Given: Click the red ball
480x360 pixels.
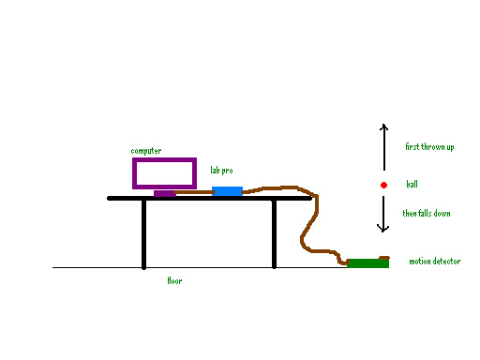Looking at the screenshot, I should coord(383,185).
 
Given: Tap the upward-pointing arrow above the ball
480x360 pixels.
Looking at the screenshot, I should coord(383,146).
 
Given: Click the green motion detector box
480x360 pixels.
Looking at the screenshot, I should coord(367,263).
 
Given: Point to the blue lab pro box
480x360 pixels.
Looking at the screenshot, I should coord(227,191).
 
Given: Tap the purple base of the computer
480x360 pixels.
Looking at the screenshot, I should coord(164,194).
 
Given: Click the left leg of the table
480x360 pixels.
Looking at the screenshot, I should coord(143,234).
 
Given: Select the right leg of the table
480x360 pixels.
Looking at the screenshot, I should coord(274,234).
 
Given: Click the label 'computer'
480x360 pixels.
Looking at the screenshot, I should coord(145,151).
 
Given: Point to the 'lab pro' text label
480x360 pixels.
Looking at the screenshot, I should coord(221,171).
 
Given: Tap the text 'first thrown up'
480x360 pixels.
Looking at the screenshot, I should coord(429,147).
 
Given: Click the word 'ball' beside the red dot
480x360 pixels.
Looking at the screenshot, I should coord(412,185).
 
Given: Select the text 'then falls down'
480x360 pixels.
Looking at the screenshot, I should coord(427,214).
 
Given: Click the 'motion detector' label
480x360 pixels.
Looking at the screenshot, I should coord(434,262).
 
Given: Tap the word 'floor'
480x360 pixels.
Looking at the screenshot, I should coord(174,280).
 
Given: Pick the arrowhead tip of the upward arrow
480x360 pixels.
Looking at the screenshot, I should coord(383,125).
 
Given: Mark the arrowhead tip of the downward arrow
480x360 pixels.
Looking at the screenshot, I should coord(383,232).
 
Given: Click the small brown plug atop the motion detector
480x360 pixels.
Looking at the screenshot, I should coord(383,257).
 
